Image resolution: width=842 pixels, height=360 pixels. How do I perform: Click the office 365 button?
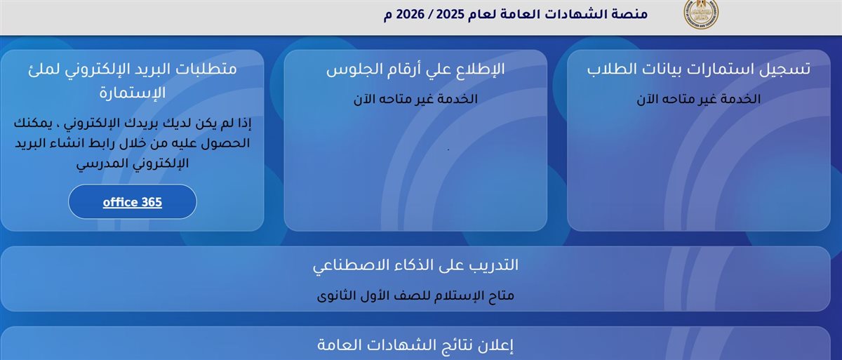tap(132, 202)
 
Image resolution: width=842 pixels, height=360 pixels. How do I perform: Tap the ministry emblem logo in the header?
tap(701, 14)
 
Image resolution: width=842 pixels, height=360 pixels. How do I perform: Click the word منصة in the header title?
tap(628, 15)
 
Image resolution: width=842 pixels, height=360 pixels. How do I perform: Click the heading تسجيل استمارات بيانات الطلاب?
tap(698, 69)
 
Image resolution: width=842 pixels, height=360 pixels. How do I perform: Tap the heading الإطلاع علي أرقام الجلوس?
tap(415, 69)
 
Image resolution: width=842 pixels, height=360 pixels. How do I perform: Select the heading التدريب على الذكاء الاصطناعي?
tap(415, 265)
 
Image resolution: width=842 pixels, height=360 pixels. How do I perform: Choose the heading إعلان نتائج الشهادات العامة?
tap(415, 345)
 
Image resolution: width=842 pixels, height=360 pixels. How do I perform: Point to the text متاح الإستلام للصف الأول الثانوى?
tap(415, 295)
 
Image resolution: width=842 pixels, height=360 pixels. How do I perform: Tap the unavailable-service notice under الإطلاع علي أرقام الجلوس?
tap(415, 99)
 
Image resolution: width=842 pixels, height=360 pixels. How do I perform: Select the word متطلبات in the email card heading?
tap(206, 69)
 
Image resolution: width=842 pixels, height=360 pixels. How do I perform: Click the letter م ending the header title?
tap(388, 15)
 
